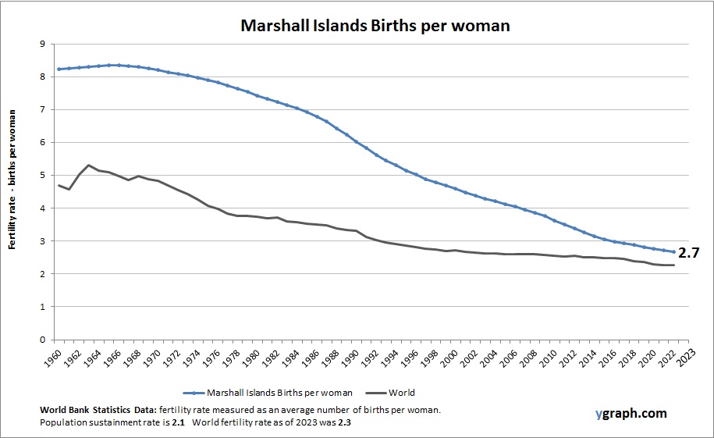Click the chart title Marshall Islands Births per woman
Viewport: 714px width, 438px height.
coord(375,25)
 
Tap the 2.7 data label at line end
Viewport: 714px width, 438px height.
coord(688,253)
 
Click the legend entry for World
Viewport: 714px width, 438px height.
coord(403,393)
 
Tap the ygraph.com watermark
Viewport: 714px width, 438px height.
coord(630,412)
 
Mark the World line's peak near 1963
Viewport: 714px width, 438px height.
coord(89,166)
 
